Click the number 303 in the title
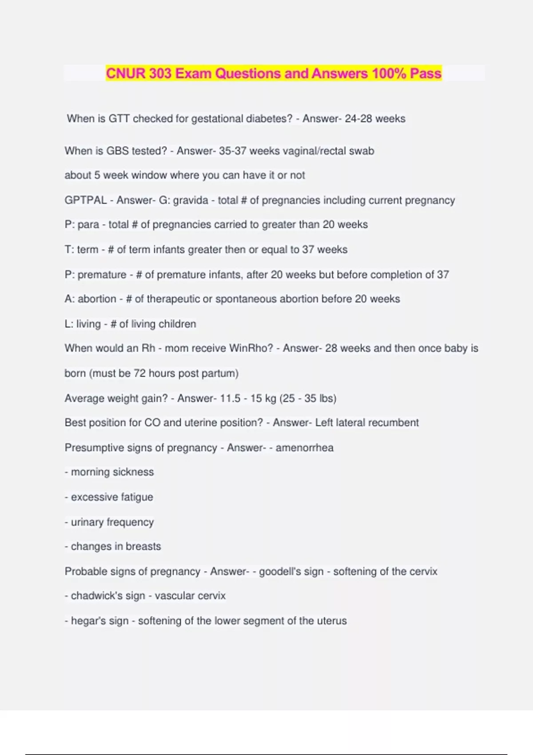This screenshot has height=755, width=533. [160, 73]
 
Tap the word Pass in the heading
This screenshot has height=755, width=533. [426, 73]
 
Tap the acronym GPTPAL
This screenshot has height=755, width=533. [86, 200]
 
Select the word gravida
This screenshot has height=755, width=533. [190, 200]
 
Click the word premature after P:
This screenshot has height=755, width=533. [102, 275]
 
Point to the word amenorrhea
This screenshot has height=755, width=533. [304, 448]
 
